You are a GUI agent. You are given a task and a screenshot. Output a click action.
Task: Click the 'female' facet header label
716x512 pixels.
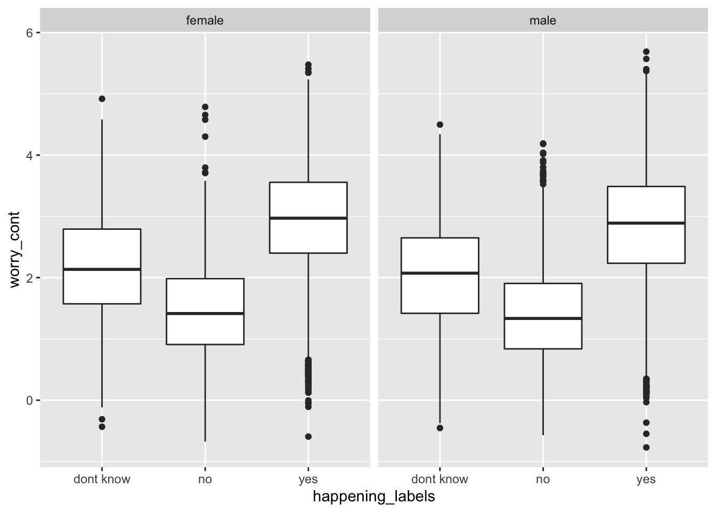point(205,20)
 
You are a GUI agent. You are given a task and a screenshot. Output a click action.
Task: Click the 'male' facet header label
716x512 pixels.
point(543,20)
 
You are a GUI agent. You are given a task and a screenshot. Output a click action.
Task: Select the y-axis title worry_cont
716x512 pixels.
point(14,250)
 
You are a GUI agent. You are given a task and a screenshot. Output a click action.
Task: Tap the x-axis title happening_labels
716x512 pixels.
point(373,497)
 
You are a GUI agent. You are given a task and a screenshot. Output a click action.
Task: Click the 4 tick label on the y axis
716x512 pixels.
point(30,156)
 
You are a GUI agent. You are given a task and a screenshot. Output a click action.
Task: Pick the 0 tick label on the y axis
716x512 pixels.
point(30,401)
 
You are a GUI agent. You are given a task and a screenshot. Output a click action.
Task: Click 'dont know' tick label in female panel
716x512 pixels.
point(102,479)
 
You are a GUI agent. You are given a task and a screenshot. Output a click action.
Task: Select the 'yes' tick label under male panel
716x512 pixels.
point(646,479)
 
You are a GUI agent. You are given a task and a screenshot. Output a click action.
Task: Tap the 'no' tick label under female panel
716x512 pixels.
point(205,479)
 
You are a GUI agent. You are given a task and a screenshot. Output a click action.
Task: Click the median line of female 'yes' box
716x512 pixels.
point(308,218)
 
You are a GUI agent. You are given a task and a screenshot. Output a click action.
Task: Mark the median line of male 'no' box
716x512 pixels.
point(543,318)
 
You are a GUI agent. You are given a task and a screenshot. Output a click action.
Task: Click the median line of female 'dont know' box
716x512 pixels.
point(102,269)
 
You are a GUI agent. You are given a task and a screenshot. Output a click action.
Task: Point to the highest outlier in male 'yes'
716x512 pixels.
point(646,52)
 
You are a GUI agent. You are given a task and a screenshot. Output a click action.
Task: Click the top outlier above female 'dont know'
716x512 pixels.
point(102,99)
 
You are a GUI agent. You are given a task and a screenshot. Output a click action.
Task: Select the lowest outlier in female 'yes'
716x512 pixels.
point(308,436)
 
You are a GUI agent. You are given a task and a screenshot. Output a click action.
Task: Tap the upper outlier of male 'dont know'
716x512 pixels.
point(440,124)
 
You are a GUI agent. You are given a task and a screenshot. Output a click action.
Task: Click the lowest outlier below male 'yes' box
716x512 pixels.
point(646,447)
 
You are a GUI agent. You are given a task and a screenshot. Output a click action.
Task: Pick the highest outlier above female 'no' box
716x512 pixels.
point(205,107)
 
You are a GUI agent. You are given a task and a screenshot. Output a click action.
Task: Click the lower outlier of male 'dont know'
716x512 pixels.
point(440,428)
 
